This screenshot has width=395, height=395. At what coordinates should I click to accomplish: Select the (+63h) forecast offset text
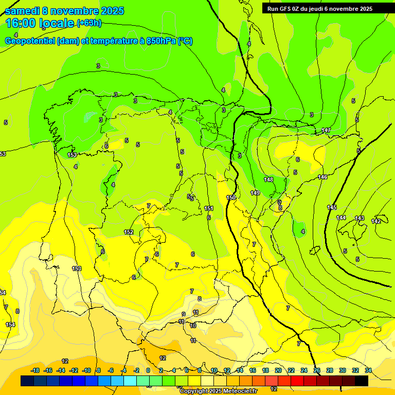point(89,23)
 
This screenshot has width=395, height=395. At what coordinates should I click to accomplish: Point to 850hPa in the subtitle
point(157,41)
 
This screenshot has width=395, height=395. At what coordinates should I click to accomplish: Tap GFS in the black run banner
point(287,8)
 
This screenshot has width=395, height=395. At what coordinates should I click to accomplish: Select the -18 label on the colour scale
point(35,370)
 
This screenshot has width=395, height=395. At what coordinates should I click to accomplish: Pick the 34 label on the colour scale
point(368,370)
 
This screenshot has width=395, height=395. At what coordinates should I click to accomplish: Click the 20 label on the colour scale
point(278,370)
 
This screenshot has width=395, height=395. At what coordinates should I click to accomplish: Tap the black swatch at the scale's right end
point(362,381)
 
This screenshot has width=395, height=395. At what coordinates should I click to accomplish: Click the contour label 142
point(376,221)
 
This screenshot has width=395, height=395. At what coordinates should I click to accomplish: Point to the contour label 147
point(326,130)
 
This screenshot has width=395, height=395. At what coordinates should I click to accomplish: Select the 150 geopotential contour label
point(231,197)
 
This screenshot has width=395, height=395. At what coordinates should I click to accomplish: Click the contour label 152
point(129,232)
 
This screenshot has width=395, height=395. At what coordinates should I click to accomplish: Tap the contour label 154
point(10,325)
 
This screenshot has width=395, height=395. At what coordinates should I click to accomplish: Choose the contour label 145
point(332,207)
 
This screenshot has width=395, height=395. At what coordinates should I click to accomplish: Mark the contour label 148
point(268,179)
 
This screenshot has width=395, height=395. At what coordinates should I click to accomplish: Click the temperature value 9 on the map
point(183,314)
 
